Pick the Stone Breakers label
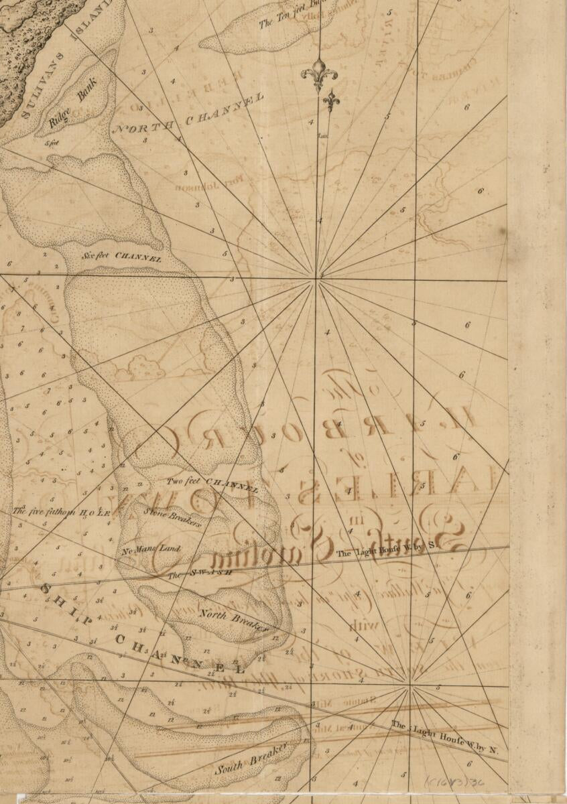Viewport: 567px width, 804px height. (x=173, y=517)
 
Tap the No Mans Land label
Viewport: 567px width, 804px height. (x=151, y=550)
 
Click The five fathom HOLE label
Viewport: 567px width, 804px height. (x=60, y=511)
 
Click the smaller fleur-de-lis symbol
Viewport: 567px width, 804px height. (x=331, y=102)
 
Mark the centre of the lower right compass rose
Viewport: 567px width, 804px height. (x=408, y=685)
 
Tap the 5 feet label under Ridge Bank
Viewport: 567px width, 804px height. (x=50, y=143)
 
